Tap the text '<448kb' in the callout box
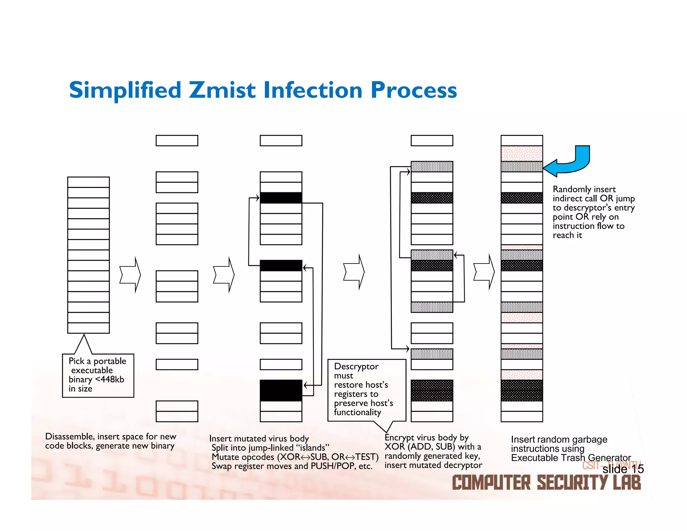click(x=109, y=379)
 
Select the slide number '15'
click(x=637, y=469)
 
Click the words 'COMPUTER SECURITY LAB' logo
click(x=546, y=483)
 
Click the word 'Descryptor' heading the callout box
click(x=356, y=366)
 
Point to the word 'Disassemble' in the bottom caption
click(x=69, y=436)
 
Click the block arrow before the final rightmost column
click(x=484, y=272)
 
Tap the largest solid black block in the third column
click(x=281, y=390)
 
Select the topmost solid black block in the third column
click(x=281, y=198)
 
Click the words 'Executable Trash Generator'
click(x=571, y=458)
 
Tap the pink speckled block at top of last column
click(x=522, y=153)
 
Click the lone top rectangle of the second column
click(x=177, y=141)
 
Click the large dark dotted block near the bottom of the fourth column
click(x=432, y=390)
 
